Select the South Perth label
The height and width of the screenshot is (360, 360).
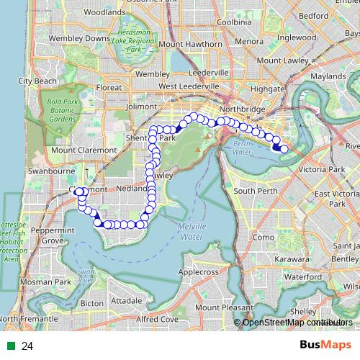point(255,191)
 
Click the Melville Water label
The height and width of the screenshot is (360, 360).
point(191,231)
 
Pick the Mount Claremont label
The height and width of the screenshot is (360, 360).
point(84,150)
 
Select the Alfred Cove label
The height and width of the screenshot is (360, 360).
point(157,318)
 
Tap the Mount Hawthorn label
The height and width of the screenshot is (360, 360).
point(192,44)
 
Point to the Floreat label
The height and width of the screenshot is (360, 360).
point(109,88)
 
